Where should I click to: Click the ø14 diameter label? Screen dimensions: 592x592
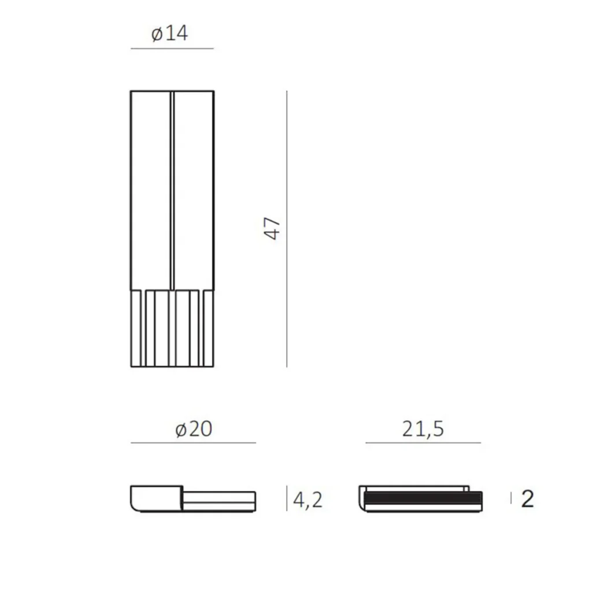169,33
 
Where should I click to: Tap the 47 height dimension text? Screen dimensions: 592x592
272,228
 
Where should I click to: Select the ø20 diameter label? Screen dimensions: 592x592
194,430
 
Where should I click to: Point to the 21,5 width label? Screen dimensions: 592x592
423,430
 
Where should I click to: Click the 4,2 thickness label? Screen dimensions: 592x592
308,500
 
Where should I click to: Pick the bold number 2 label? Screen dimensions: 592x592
527,499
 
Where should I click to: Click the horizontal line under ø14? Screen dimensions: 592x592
172,49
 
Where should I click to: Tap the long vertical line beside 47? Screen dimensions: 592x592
287,229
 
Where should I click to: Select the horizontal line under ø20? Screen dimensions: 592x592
193,442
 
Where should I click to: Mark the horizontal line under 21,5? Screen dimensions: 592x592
423,442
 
